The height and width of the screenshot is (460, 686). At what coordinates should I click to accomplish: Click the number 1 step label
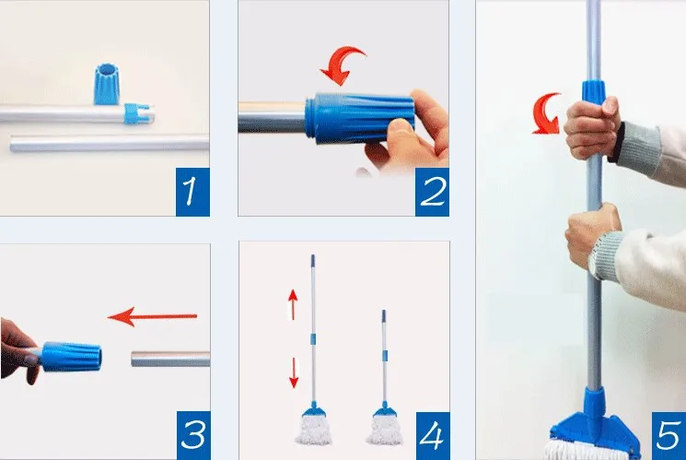(192, 192)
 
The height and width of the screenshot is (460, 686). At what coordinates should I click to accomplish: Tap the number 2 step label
(432, 192)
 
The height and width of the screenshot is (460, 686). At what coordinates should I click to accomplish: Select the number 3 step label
(193, 435)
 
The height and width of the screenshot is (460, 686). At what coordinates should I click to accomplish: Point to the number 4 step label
(433, 435)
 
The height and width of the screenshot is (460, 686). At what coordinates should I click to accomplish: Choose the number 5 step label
(669, 435)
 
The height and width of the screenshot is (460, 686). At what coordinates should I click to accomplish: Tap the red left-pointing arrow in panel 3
(152, 316)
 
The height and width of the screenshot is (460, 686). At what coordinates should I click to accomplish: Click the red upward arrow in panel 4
(293, 304)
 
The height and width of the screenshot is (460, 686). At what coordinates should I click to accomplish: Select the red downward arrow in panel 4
(294, 372)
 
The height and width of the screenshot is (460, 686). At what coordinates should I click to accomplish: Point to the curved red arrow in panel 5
(546, 113)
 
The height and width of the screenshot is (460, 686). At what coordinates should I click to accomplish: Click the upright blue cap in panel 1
(106, 84)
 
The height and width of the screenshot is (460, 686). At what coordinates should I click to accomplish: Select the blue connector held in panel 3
(71, 357)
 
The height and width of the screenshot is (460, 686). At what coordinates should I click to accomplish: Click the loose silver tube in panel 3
(170, 359)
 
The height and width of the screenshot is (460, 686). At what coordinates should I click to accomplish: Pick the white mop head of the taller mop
(314, 430)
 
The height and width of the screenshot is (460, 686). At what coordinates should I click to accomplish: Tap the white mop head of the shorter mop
(384, 430)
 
